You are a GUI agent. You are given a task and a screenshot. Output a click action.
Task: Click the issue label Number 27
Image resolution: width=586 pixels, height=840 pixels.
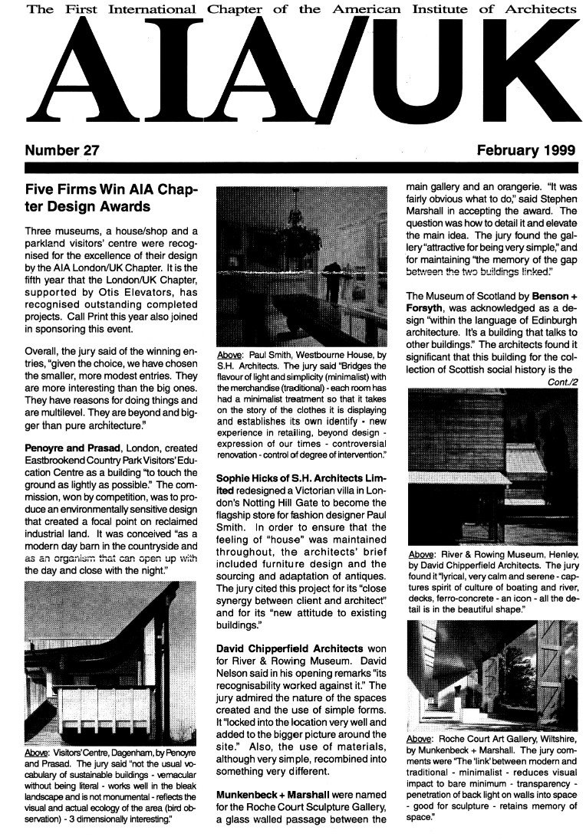click(62, 151)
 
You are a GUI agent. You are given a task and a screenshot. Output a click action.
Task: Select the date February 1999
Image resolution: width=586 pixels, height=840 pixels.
click(525, 151)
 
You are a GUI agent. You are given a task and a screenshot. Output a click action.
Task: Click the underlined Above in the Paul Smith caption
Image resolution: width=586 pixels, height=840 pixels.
click(231, 356)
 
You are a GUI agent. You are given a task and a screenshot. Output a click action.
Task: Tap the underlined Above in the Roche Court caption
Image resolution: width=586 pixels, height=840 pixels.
click(420, 739)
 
